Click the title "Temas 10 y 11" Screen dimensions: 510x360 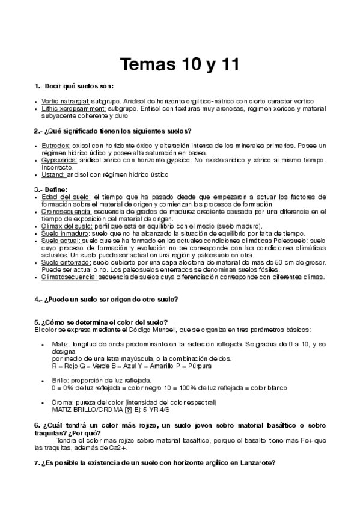click(179, 64)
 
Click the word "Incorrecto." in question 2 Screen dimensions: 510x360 click(59, 168)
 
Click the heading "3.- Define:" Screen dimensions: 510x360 click(51, 189)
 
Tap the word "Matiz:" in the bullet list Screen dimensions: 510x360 click(62, 344)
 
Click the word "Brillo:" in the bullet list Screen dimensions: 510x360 click(62, 381)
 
